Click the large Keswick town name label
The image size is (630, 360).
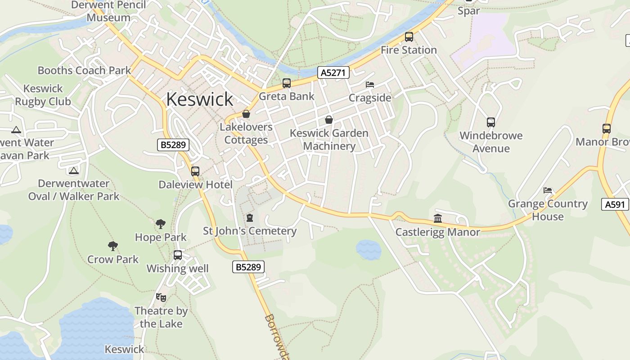click(200, 99)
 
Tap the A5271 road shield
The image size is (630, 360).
click(333, 72)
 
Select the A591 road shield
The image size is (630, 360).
click(615, 204)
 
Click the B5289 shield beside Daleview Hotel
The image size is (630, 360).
click(173, 145)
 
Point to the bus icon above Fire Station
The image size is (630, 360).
click(409, 37)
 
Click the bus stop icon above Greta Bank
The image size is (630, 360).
click(287, 83)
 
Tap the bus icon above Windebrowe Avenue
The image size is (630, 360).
click(490, 122)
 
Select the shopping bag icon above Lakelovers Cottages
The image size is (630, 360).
click(246, 114)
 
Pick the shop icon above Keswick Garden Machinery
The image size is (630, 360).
click(329, 120)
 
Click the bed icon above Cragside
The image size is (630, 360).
click(369, 85)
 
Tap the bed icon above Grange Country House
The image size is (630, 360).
click(548, 190)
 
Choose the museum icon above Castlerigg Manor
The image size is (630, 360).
click(438, 219)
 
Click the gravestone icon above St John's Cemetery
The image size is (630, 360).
click(250, 218)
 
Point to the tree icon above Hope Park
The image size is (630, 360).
click(160, 224)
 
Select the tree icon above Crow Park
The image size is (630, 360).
click(113, 246)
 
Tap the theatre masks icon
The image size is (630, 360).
click(161, 297)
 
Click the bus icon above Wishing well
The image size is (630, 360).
click(178, 255)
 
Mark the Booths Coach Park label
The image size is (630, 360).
click(84, 71)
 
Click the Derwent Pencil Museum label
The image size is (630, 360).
click(108, 12)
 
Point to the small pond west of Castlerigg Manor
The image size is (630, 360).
click(369, 249)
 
